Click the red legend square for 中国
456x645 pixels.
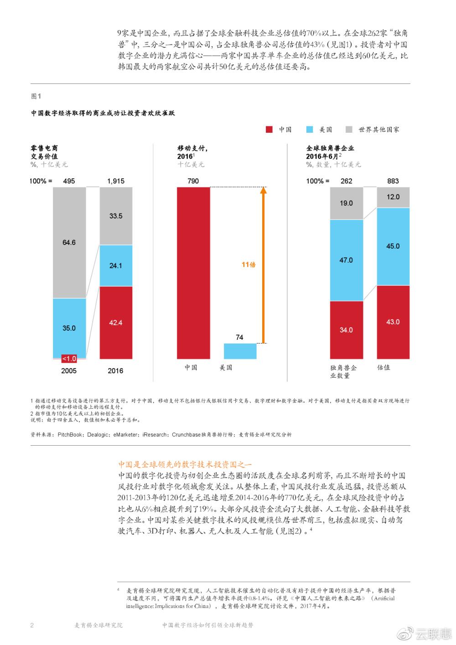point(269,130)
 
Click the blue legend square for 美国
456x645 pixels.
point(310,130)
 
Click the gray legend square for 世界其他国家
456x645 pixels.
point(349,130)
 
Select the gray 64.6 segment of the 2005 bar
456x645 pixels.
point(69,242)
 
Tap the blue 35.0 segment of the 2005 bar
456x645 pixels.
point(69,328)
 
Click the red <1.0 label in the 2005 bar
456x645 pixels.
point(69,359)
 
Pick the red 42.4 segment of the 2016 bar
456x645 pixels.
point(116,322)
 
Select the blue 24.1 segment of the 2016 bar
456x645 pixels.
point(116,265)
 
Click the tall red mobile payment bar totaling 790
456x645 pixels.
point(193,273)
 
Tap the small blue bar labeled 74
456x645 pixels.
point(240,351)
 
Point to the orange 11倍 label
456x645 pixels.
point(249,265)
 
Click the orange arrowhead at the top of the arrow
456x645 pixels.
point(263,191)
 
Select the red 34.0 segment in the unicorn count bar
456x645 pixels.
point(346,330)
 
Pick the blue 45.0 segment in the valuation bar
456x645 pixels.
point(393,246)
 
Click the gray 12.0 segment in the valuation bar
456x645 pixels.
point(393,197)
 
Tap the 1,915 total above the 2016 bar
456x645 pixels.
point(116,181)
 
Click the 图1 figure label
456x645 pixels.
point(36,96)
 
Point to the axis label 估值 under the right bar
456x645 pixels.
point(384,367)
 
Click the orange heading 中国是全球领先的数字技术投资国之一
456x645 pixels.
point(185,464)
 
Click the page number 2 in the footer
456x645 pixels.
point(32,625)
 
